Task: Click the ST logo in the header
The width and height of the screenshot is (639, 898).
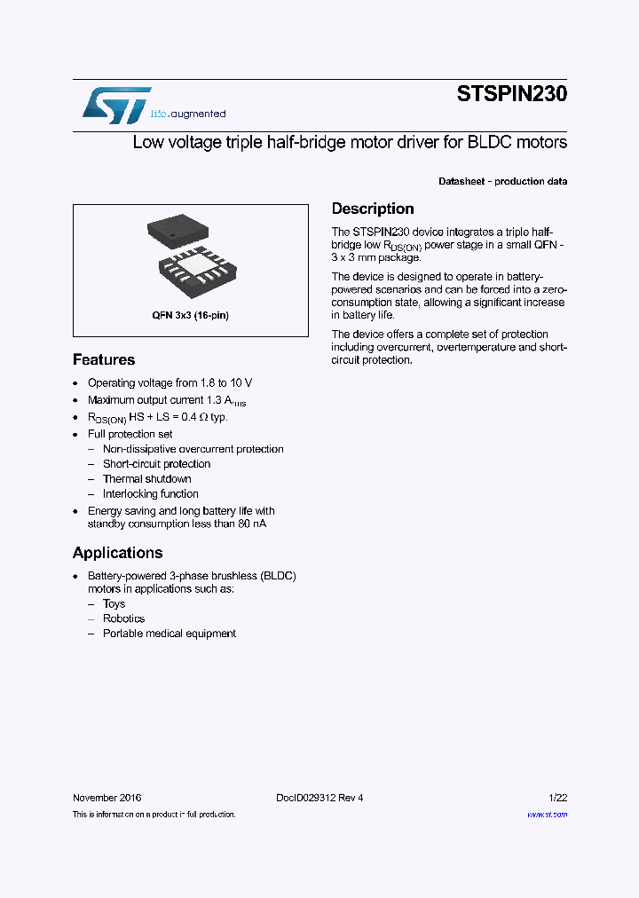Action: click(115, 105)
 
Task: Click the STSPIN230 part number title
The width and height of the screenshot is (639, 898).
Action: click(511, 94)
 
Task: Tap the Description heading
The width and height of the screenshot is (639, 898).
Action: click(373, 209)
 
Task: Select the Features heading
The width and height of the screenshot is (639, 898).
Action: click(104, 359)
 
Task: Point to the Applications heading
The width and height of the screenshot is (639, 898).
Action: click(117, 553)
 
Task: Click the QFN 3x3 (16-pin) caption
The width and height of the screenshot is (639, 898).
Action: click(190, 315)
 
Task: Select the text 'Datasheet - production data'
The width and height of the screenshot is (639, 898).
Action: click(502, 181)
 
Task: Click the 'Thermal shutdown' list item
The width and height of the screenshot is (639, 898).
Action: click(146, 479)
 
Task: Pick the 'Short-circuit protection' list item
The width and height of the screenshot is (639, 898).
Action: click(156, 464)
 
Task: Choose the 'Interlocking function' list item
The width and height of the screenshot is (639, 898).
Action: click(150, 494)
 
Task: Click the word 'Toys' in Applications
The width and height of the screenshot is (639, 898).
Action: click(114, 604)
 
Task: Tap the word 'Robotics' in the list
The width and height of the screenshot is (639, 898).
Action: click(123, 619)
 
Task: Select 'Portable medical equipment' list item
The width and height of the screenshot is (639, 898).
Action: click(169, 634)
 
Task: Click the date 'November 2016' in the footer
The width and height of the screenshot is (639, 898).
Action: click(106, 798)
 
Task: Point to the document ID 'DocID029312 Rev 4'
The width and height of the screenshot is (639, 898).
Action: click(314, 798)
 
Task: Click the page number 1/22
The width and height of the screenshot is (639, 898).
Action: click(558, 798)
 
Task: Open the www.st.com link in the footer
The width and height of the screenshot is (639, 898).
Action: click(547, 814)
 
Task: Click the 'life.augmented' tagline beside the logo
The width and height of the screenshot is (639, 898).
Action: click(187, 114)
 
